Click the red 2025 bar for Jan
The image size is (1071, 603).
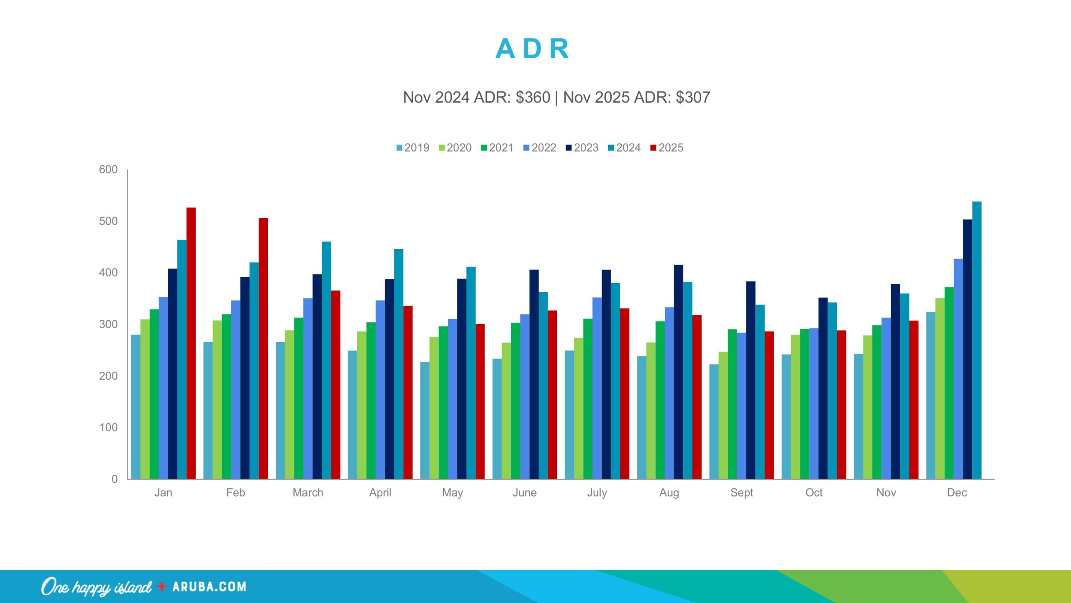click(x=191, y=343)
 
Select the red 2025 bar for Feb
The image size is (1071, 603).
click(x=263, y=348)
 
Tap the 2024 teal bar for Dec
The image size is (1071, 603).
click(x=976, y=340)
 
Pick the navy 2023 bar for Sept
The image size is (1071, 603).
click(x=751, y=380)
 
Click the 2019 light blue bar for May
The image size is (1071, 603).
click(x=425, y=420)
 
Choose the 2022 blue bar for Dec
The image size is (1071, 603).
click(x=958, y=368)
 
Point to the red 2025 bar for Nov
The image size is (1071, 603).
click(x=914, y=400)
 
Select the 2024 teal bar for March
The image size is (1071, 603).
click(x=326, y=360)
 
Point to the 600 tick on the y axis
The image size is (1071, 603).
click(x=108, y=170)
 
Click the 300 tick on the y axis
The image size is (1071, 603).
click(x=108, y=324)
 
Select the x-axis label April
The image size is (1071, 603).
click(x=380, y=492)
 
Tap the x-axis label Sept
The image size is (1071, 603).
click(x=741, y=492)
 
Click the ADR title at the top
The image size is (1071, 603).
click(x=532, y=49)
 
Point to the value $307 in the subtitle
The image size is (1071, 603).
click(x=693, y=98)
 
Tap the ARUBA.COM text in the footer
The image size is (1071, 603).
click(x=209, y=587)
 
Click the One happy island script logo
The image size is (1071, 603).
click(x=96, y=587)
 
